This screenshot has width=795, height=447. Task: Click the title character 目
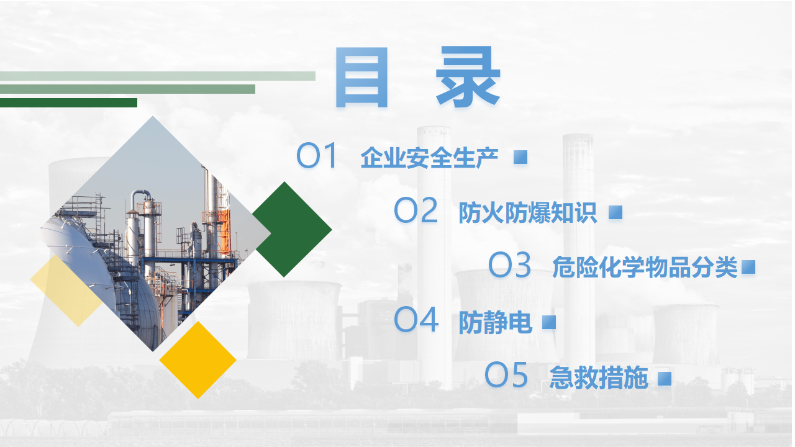[x=361, y=77]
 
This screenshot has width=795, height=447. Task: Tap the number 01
[x=317, y=155]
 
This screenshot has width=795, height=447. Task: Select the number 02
[x=416, y=210]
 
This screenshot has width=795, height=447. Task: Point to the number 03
[x=510, y=264]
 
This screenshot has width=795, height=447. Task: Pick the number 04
[x=416, y=319]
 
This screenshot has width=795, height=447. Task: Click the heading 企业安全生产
[x=429, y=158]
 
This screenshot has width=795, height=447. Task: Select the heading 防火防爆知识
[x=528, y=212]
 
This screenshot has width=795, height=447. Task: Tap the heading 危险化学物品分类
[x=645, y=267]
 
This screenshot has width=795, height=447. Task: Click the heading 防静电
[x=495, y=322]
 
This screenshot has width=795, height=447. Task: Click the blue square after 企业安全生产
[x=520, y=157]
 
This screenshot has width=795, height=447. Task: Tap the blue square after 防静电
[x=548, y=322]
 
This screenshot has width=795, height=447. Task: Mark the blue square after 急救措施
[x=665, y=378]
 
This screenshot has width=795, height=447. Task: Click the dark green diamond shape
[x=292, y=230]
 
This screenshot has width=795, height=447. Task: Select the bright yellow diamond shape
[x=198, y=360]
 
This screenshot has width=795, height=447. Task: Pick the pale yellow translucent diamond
[x=66, y=291]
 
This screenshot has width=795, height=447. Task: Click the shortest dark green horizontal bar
[x=68, y=102]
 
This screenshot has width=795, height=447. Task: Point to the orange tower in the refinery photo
[x=225, y=230]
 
